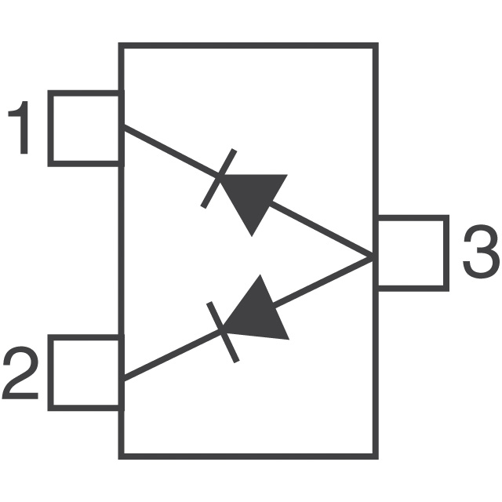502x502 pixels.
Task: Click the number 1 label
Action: [x=20, y=129]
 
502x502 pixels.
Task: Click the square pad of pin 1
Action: [x=85, y=129]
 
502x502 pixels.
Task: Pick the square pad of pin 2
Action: [x=85, y=373]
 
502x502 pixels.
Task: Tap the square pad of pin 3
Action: [x=412, y=253]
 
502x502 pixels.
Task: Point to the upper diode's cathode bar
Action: [x=216, y=179]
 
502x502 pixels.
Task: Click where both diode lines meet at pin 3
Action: [x=371, y=256]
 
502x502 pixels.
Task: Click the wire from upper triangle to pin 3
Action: [x=322, y=231]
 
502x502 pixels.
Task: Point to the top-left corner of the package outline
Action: [x=121, y=46]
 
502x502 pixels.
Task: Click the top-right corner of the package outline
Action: [x=375, y=46]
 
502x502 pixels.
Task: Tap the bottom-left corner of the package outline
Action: [x=121, y=455]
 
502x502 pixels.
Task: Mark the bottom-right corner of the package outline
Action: [x=375, y=455]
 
